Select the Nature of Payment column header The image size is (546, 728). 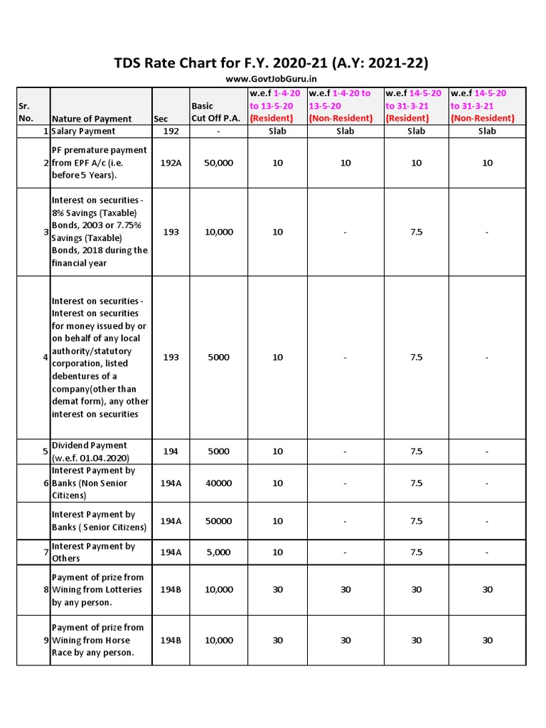(x=92, y=119)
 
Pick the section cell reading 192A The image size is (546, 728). (x=171, y=163)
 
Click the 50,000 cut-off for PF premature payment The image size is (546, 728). (x=218, y=163)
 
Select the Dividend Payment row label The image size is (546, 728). (x=90, y=451)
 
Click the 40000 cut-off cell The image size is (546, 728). (x=218, y=483)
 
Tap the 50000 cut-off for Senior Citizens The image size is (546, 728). (x=218, y=521)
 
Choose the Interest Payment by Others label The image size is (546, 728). (x=93, y=552)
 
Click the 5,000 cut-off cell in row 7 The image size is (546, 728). (x=218, y=552)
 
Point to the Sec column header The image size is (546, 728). (x=161, y=119)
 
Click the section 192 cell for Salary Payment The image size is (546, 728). (x=171, y=131)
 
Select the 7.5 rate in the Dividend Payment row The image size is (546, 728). (x=416, y=451)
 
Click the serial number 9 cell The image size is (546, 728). (x=45, y=641)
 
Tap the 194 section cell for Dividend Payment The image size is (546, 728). (x=171, y=451)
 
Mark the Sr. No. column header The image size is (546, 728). (x=26, y=112)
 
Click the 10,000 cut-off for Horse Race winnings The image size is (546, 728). (x=218, y=641)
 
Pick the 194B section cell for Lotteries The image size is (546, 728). (x=171, y=589)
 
